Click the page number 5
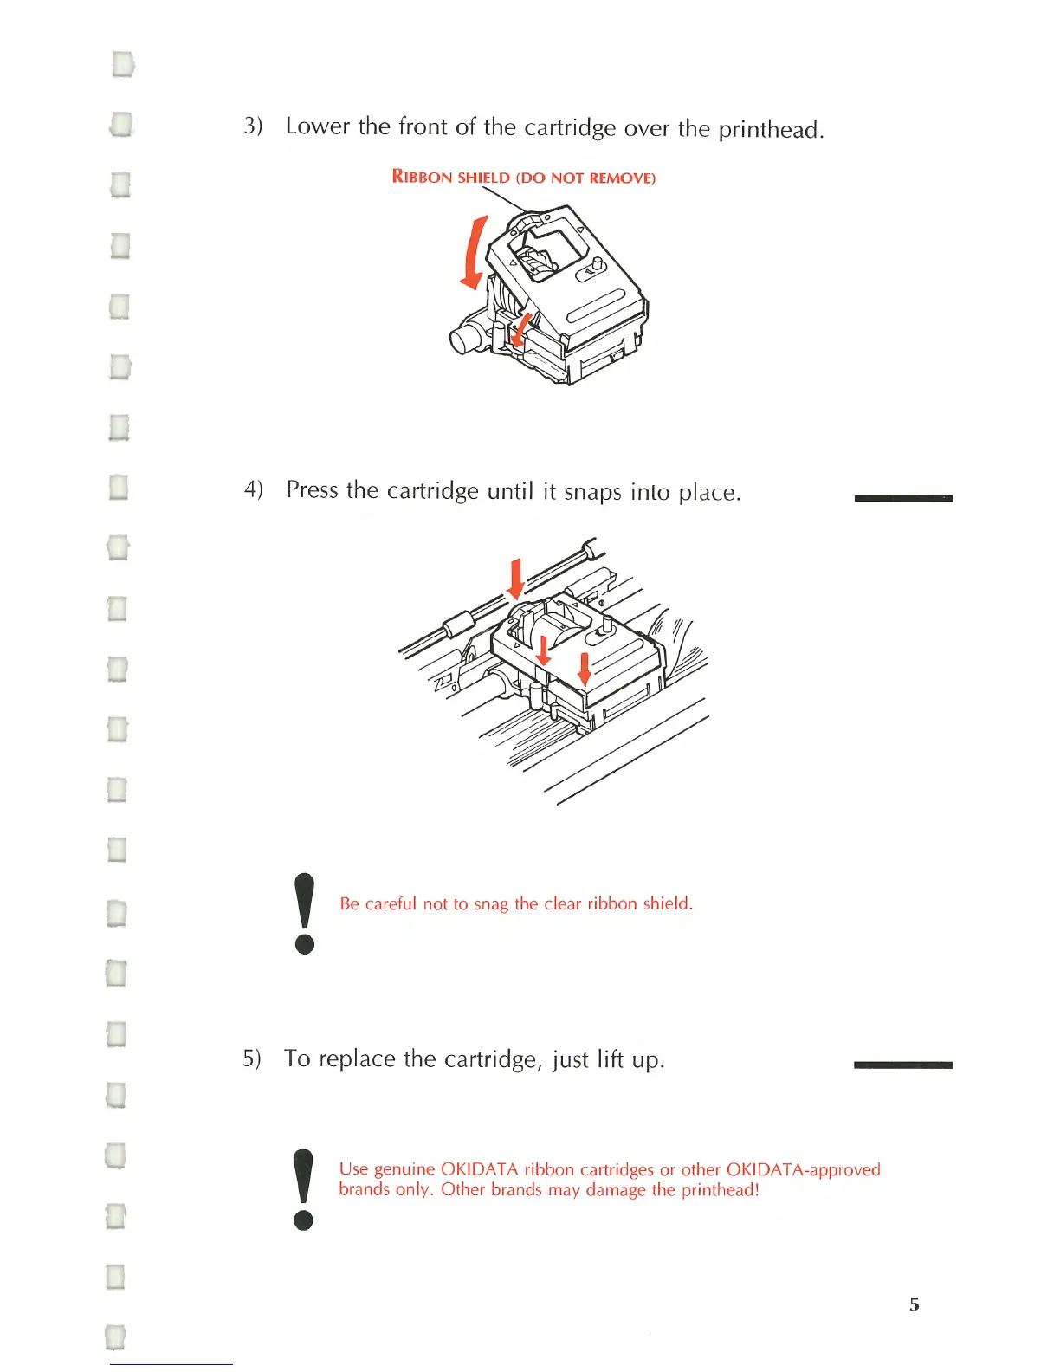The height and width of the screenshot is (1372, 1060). click(914, 1304)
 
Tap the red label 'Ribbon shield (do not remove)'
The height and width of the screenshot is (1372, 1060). click(524, 178)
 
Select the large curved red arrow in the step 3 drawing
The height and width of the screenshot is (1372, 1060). click(474, 254)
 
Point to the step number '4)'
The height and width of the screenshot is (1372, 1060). click(253, 489)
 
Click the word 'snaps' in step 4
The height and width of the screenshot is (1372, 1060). click(593, 492)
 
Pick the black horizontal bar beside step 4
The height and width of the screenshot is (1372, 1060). click(902, 498)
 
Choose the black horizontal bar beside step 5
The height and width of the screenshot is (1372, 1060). click(902, 1065)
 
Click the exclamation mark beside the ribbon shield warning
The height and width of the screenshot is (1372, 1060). click(304, 913)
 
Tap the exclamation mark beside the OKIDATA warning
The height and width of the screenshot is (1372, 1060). click(303, 1188)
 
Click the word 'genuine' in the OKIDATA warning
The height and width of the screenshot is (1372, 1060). click(404, 1169)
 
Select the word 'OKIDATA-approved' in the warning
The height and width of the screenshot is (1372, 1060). click(803, 1169)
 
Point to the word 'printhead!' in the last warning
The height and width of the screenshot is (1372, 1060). click(720, 1190)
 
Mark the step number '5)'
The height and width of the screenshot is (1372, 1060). click(251, 1058)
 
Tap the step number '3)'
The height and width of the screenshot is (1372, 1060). click(253, 126)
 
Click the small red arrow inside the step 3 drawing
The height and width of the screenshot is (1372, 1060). click(521, 329)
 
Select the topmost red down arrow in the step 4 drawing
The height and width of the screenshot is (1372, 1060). click(516, 579)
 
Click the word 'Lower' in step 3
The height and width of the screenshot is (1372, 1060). click(317, 126)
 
